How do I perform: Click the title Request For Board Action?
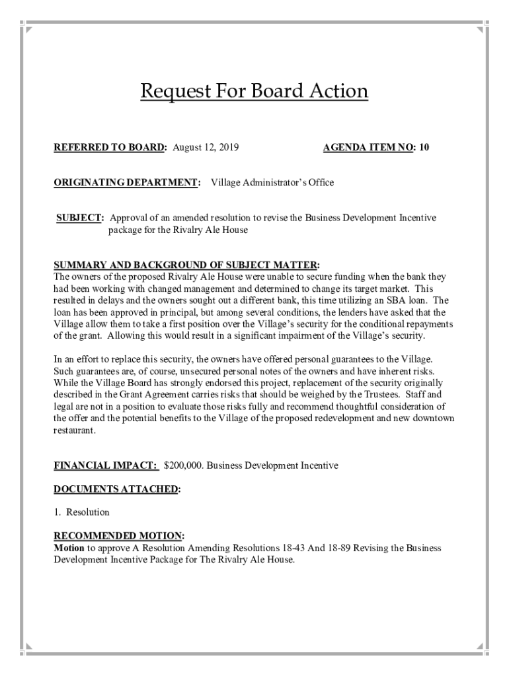click(x=254, y=90)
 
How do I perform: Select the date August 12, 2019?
click(x=205, y=147)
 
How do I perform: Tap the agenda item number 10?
click(x=424, y=147)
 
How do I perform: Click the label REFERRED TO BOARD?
click(x=110, y=147)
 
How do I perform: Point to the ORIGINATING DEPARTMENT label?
click(x=126, y=182)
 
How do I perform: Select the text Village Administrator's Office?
click(x=272, y=182)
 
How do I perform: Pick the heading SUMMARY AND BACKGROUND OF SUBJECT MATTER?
click(x=187, y=265)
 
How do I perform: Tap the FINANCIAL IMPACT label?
click(x=105, y=465)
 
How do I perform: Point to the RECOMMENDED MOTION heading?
click(x=118, y=536)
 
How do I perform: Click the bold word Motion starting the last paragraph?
click(x=69, y=548)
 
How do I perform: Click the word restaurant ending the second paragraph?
click(x=74, y=430)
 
